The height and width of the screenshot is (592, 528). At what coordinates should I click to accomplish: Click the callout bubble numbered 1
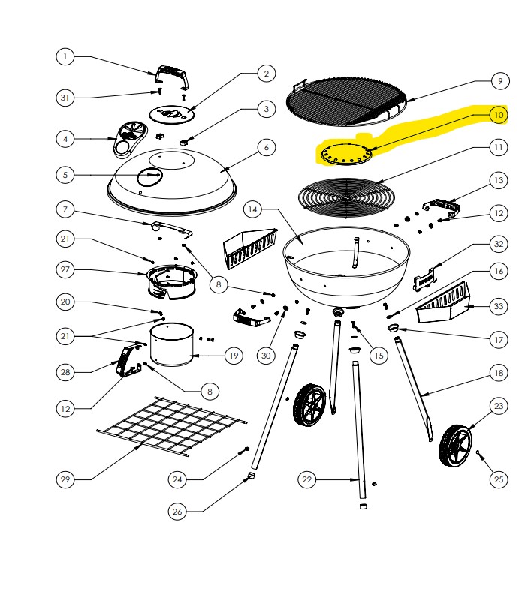[x=65, y=56]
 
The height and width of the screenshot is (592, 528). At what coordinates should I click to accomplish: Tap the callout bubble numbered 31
[x=65, y=98]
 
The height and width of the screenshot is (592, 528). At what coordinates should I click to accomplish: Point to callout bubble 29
[x=65, y=478]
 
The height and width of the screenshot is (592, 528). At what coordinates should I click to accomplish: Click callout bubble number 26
[x=177, y=512]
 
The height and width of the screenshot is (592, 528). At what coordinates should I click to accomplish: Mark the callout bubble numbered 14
[x=255, y=209]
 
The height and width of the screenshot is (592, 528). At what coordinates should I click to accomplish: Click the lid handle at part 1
[x=170, y=77]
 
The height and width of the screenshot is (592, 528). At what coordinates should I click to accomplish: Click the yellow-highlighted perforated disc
[x=345, y=155]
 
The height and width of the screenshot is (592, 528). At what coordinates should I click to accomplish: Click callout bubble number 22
[x=306, y=478]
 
